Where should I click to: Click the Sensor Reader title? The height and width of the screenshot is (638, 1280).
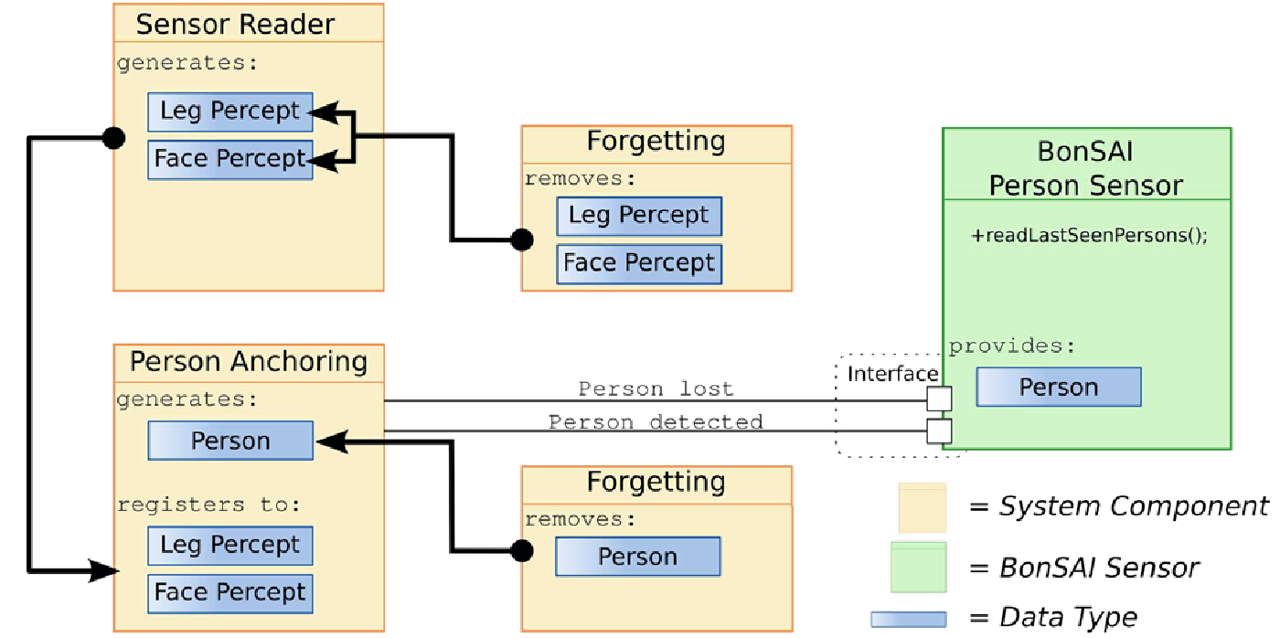pos(235,24)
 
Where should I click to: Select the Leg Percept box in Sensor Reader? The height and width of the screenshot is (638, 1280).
pos(230,112)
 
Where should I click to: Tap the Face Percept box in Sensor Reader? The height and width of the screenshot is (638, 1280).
pos(230,159)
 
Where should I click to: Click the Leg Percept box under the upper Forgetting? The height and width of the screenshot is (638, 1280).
pos(639,216)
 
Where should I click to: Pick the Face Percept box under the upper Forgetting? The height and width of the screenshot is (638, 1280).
pos(639,263)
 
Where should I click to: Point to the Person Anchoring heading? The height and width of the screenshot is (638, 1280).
pos(248,362)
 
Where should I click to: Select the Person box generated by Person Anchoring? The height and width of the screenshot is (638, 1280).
pos(230,441)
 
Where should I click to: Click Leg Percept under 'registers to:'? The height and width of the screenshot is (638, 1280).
pos(230,546)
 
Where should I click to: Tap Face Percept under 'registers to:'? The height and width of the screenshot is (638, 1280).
pos(230,593)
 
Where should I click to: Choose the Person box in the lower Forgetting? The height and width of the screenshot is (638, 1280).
pos(638,557)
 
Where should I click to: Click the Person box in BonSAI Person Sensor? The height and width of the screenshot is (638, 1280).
pos(1059,388)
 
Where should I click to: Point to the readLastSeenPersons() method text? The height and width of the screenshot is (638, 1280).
pos(1089,235)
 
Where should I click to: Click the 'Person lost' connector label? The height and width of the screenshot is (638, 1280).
pos(656,389)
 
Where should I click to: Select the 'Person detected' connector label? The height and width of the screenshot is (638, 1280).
pos(656,422)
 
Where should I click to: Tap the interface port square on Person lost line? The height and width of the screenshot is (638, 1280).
pos(939,399)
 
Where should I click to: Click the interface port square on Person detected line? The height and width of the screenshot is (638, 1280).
pos(939,431)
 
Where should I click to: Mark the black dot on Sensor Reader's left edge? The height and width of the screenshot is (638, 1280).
pos(113,138)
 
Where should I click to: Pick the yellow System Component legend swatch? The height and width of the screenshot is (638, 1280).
pos(923,507)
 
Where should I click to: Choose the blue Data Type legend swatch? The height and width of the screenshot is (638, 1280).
pos(908,619)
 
